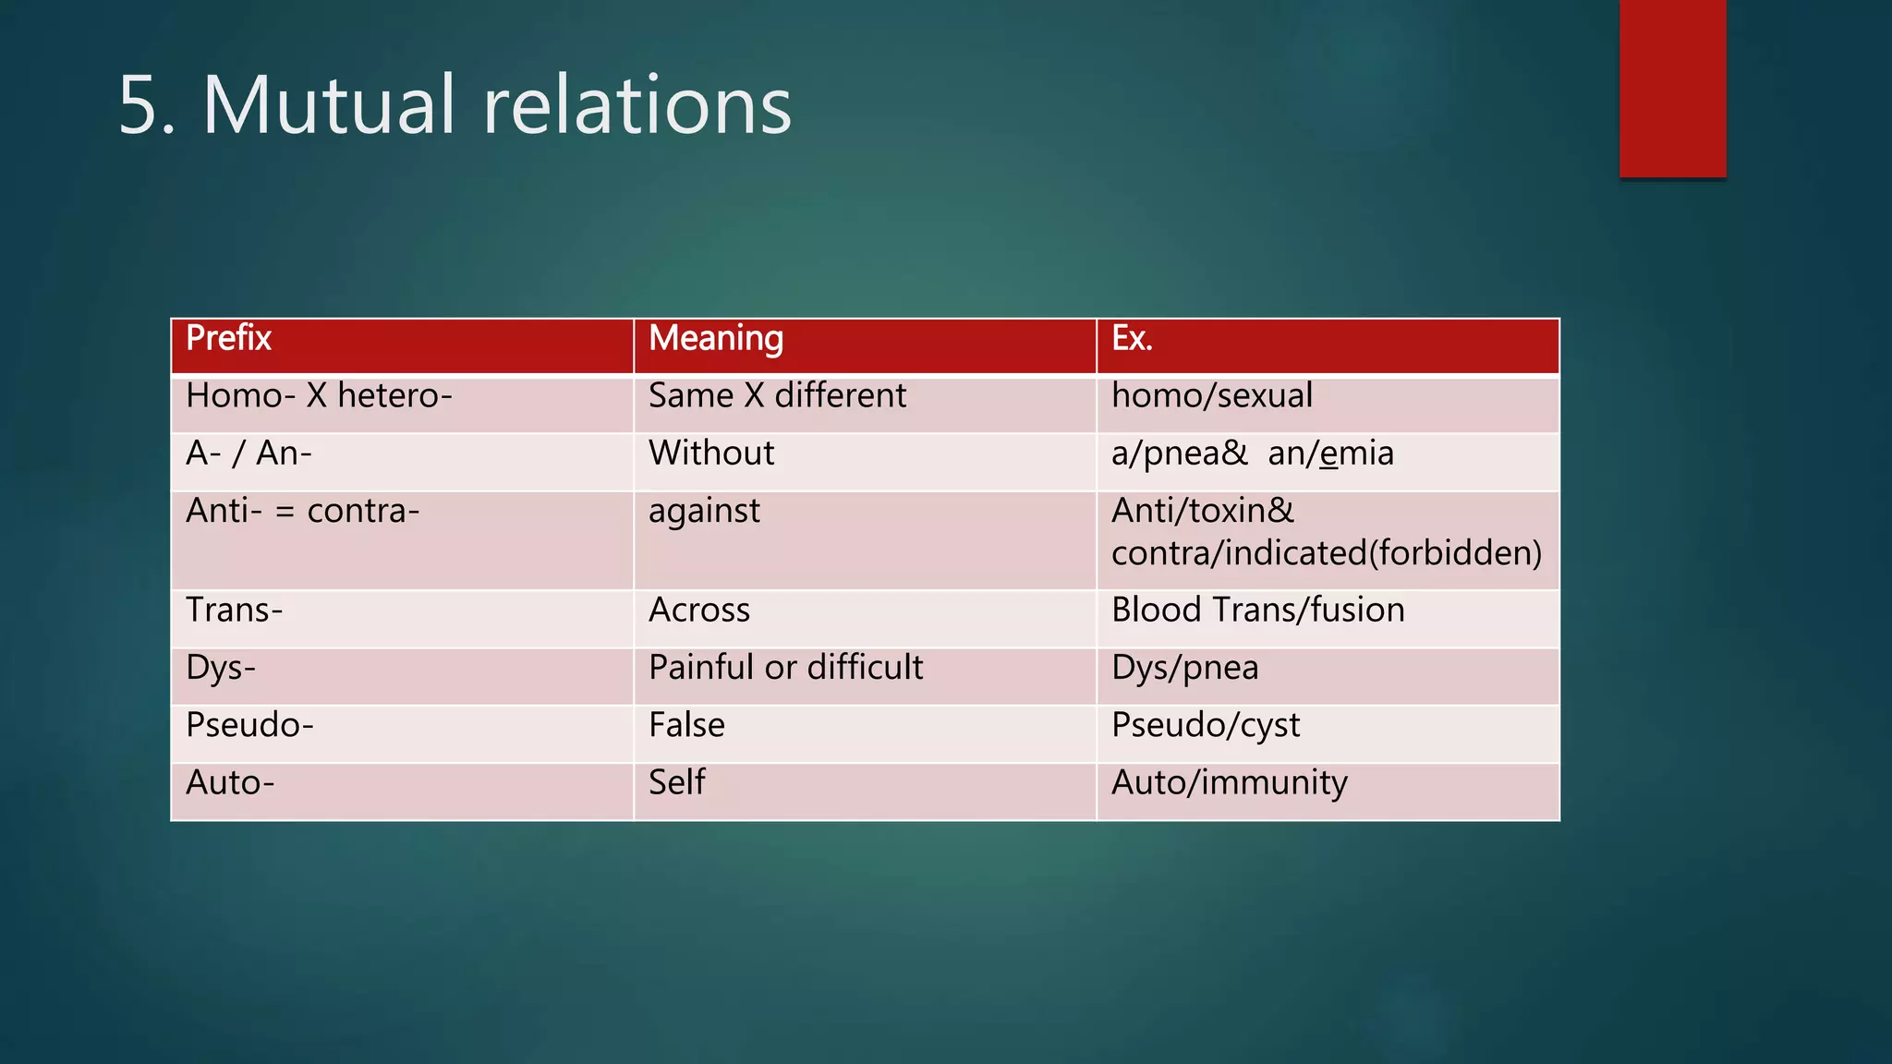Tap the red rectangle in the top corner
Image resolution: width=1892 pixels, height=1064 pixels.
tap(1672, 89)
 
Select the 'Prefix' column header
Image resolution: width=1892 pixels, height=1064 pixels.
tap(228, 338)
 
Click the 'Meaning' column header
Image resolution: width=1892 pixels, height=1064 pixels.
tap(716, 338)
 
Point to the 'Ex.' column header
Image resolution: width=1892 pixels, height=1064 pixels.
tap(1132, 338)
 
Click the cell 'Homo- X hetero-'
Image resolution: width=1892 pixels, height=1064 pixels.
tap(319, 396)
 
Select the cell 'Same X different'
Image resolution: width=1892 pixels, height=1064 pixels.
tap(777, 396)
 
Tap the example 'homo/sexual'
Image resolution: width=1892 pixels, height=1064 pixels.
tap(1211, 396)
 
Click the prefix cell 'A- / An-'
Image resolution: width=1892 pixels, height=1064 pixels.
tap(249, 453)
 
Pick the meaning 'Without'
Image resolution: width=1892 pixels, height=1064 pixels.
tap(711, 453)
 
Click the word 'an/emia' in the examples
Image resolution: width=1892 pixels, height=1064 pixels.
tap(1330, 453)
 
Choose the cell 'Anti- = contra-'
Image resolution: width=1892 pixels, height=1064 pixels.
tap(303, 511)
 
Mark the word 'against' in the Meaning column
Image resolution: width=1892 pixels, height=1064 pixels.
tap(704, 511)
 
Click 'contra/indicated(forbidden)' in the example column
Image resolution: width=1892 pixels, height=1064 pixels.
tap(1327, 553)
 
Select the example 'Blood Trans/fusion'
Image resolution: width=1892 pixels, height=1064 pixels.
tap(1257, 611)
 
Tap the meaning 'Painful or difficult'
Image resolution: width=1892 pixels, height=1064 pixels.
tap(785, 668)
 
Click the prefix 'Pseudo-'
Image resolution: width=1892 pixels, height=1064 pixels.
tap(249, 725)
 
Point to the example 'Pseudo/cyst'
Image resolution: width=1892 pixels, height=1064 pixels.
tap(1205, 725)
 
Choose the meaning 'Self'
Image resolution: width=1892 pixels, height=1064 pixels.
tap(676, 782)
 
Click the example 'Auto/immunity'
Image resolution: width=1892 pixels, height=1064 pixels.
tap(1229, 782)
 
